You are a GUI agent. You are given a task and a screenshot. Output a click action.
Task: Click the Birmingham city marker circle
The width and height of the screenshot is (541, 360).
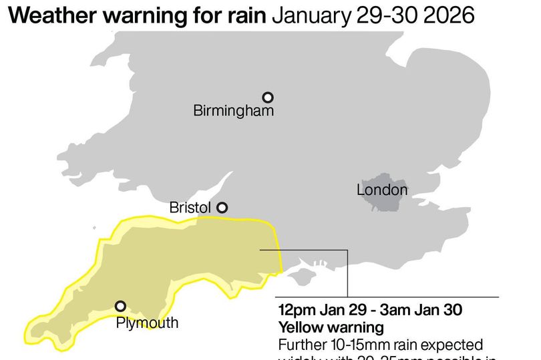point(268,98)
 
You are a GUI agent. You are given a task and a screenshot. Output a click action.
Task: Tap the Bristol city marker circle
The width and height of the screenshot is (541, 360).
point(222,208)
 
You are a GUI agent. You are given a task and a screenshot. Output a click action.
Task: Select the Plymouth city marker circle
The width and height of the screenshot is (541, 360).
point(120,306)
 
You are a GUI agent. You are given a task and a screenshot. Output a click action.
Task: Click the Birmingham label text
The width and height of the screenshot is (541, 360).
point(233,111)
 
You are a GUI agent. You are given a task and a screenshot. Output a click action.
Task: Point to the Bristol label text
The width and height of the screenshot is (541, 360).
point(190,208)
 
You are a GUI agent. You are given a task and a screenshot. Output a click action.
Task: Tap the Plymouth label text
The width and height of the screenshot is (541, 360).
point(147,323)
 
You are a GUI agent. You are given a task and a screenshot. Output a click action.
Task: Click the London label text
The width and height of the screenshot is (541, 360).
point(381,190)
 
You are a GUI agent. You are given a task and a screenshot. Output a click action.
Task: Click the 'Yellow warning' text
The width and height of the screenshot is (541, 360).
point(331,328)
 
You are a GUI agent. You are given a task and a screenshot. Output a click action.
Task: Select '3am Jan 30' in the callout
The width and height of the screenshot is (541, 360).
point(427,311)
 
